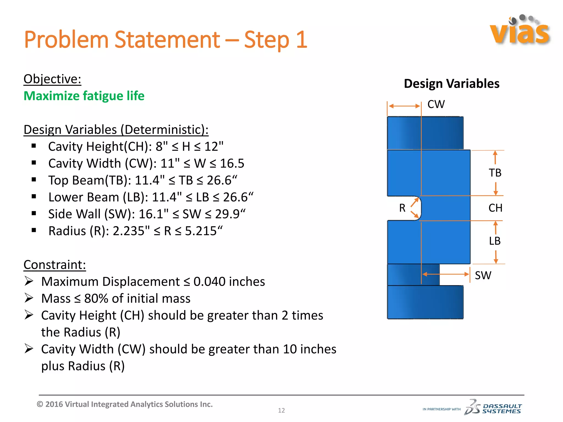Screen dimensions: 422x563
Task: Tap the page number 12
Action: point(281,410)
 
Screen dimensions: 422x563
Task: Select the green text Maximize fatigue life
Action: point(84,96)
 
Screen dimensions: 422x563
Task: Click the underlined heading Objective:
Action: point(52,79)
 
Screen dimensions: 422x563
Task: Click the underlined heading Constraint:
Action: point(55,265)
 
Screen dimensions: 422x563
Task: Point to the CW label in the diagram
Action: point(436,104)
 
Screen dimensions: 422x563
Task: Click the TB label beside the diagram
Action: point(495,173)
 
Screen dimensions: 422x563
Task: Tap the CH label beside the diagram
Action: point(495,208)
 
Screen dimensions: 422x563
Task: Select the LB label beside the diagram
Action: point(495,241)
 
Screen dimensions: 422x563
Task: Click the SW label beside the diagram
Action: point(483,275)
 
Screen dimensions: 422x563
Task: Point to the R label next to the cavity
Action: point(402,208)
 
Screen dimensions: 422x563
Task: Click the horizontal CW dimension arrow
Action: point(404,106)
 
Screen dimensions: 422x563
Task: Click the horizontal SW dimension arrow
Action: point(445,274)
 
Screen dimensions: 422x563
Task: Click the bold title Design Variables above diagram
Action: point(451,84)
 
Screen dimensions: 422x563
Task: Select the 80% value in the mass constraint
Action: point(96,299)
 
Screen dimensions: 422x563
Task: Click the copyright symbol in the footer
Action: point(40,404)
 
